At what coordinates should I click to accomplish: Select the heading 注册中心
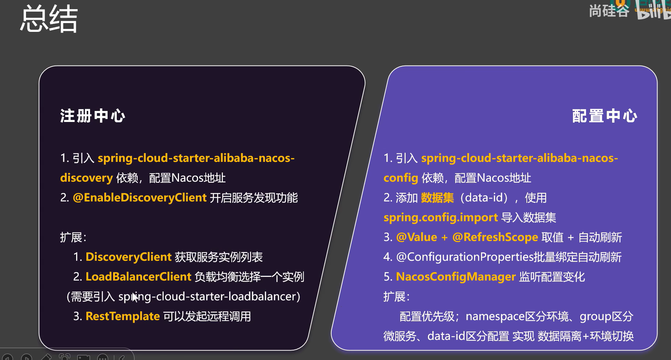click(93, 116)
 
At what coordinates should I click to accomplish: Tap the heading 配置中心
click(604, 116)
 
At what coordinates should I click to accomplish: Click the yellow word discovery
click(86, 178)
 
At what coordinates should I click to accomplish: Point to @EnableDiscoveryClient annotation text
click(140, 198)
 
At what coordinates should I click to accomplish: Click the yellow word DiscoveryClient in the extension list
click(128, 257)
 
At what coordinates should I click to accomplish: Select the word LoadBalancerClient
click(138, 277)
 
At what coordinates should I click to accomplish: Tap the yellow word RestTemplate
click(123, 316)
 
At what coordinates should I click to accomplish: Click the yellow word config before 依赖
click(400, 178)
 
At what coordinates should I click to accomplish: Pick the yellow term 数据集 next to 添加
click(437, 198)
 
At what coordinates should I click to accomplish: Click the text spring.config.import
click(440, 218)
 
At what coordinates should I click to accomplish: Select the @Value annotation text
click(417, 237)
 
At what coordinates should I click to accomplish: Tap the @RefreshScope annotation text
click(495, 237)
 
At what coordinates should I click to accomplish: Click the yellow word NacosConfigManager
click(456, 277)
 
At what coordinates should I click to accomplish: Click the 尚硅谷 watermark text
click(609, 11)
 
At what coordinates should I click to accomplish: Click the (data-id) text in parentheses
click(484, 198)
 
